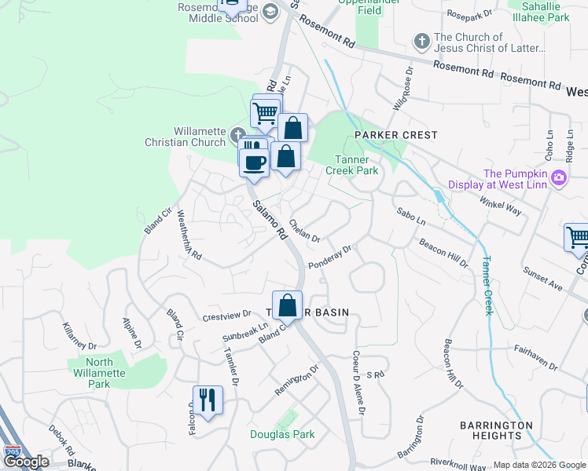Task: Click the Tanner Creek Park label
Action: tap(352, 165)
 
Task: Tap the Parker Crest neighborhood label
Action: tap(395, 135)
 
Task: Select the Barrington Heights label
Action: tap(502, 430)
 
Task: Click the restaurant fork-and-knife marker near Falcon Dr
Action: tap(208, 400)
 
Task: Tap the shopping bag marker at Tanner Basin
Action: tap(288, 305)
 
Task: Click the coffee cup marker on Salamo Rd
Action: tap(254, 162)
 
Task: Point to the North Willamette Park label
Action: tap(99, 373)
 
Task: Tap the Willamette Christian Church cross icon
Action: tap(238, 132)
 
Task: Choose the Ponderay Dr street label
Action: tap(329, 257)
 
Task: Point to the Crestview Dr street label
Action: tap(226, 317)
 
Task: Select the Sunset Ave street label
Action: tap(542, 279)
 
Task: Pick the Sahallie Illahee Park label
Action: tap(539, 11)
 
